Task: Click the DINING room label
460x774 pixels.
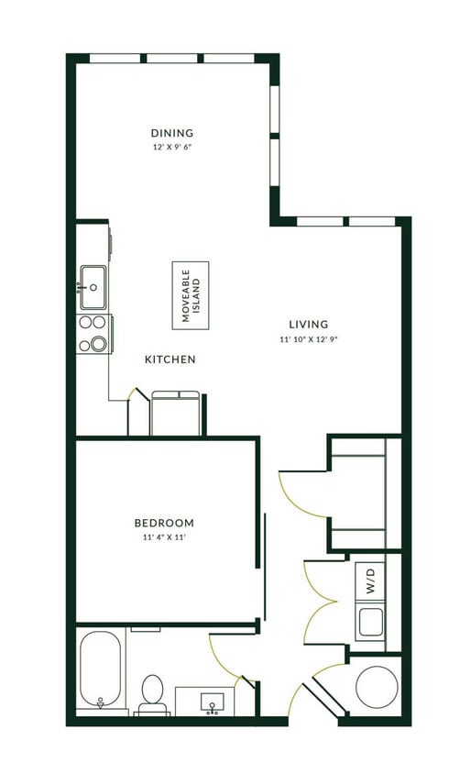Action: click(172, 133)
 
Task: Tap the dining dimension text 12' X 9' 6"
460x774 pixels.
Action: click(172, 147)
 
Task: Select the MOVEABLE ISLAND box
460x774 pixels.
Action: click(191, 294)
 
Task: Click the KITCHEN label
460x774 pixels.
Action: click(170, 359)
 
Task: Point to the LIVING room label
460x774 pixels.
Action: click(308, 325)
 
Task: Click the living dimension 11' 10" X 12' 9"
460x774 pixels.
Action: click(308, 339)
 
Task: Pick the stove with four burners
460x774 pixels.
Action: click(93, 334)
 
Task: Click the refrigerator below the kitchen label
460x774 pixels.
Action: click(175, 413)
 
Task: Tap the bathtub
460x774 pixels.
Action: click(99, 669)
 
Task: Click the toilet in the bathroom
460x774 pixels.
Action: click(152, 694)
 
